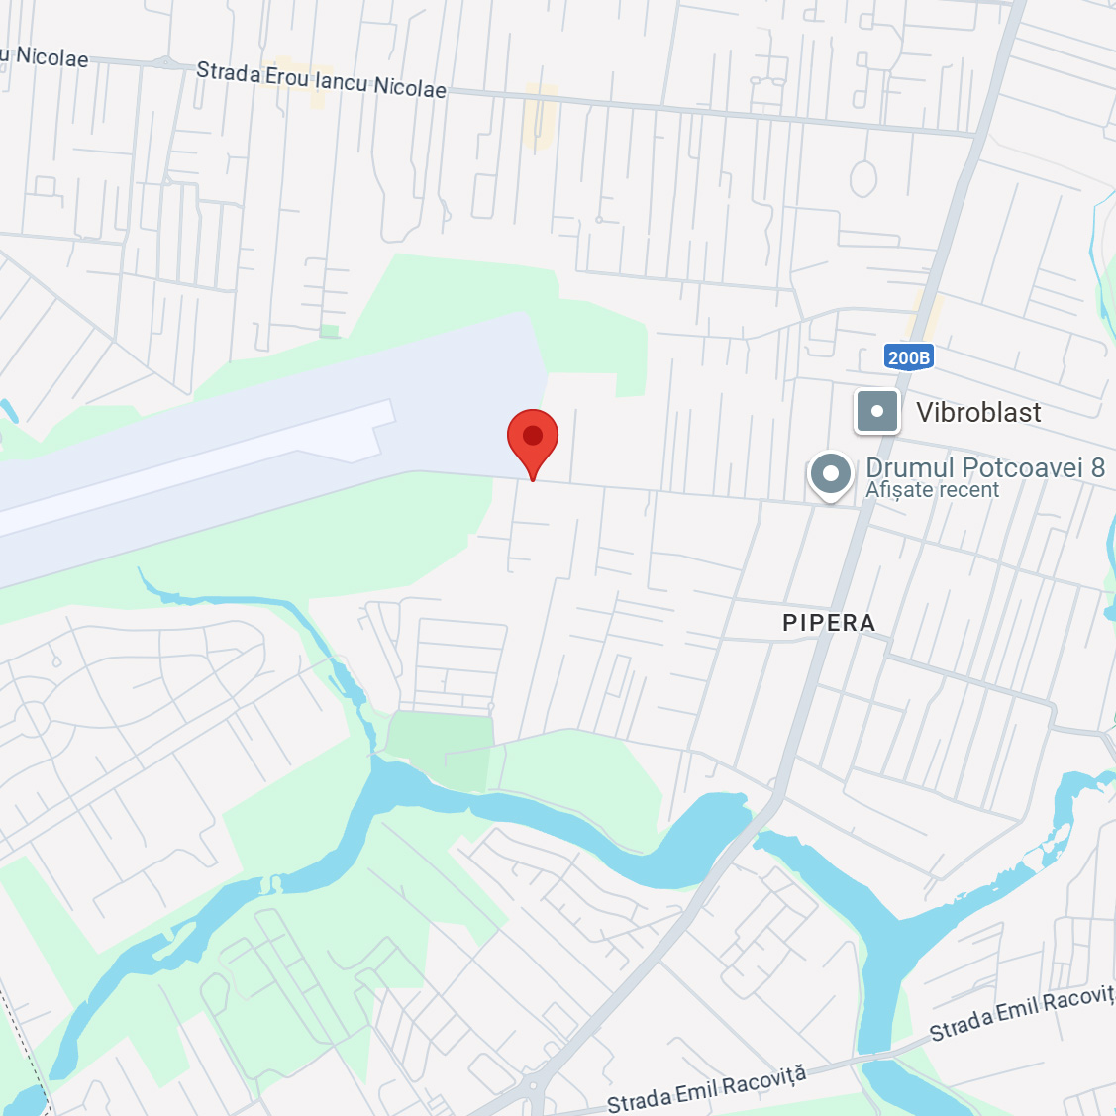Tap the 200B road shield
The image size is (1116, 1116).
[908, 357]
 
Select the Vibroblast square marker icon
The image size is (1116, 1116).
[877, 411]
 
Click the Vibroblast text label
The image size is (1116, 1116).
[978, 412]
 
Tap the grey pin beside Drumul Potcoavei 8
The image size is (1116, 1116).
[831, 475]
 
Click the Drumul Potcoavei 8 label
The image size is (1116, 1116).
[984, 467]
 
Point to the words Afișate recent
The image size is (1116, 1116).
[932, 490]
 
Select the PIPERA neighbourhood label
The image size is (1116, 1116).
[829, 623]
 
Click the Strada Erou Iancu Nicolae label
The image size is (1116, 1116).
[321, 80]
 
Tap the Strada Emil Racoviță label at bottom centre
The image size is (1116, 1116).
[707, 1089]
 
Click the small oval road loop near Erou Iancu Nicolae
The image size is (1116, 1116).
[863, 179]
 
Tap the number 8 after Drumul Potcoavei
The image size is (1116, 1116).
[1097, 467]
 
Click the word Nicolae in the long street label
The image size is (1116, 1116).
[410, 88]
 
